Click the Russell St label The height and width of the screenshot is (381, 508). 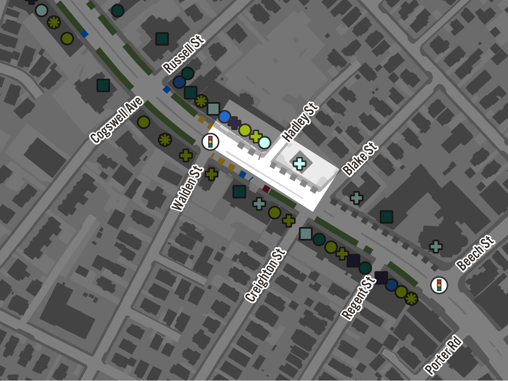183,54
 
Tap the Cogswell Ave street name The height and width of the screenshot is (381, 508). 117,120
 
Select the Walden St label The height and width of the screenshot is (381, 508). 187,188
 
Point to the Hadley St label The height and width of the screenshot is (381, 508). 300,122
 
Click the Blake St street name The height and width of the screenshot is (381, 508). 360,159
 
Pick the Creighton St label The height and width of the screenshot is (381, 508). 265,275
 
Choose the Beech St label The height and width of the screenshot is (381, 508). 475,253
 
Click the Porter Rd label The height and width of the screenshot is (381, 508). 443,356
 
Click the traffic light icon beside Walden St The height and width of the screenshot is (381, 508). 210,142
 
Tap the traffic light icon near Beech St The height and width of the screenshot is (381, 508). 439,285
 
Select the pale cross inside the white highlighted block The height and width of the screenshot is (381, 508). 299,164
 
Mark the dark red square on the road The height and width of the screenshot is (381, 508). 266,189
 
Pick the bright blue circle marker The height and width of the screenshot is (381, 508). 224,117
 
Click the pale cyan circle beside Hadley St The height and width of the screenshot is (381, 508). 264,142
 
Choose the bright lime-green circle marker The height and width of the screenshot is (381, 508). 245,130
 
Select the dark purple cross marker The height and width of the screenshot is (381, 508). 234,123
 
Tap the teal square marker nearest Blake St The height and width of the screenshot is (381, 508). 386,217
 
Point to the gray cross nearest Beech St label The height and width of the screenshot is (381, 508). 436,246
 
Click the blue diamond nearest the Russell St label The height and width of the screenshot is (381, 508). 167,89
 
